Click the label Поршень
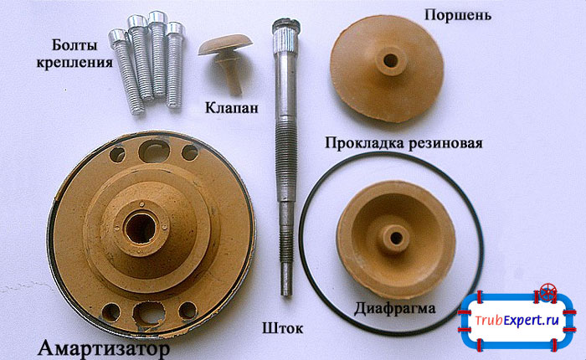(457, 15)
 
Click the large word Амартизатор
(104, 346)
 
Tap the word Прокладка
(365, 142)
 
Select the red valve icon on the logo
(549, 293)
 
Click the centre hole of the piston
(389, 61)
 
